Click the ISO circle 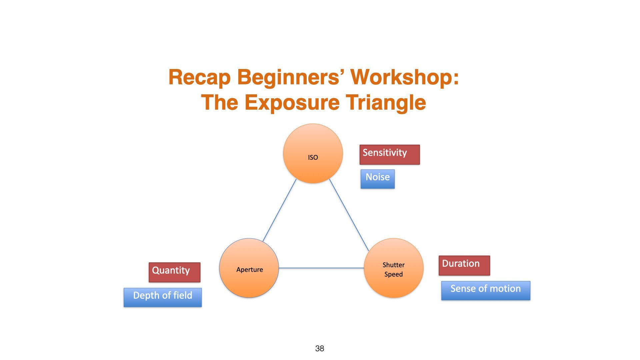point(313,154)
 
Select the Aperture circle point(249,268)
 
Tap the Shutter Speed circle point(394,268)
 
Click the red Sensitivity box point(389,155)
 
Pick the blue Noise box point(377,179)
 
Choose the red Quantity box point(174,272)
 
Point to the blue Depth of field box point(163,297)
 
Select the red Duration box point(464,265)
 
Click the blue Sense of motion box point(485,290)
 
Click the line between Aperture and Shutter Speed point(321,268)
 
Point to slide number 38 point(319,349)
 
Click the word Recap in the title point(199,77)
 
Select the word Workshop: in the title point(405,77)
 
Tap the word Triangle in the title point(386,102)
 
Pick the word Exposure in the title point(292,102)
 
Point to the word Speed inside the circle point(393,274)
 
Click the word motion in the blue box point(505,289)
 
